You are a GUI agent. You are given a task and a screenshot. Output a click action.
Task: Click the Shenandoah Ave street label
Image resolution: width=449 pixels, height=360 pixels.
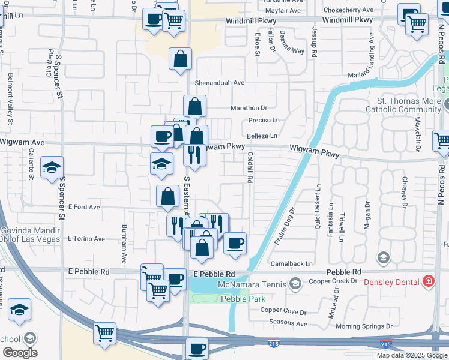tap(219, 83)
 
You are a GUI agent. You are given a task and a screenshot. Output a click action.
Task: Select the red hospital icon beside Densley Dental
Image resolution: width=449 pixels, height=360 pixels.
tap(429, 280)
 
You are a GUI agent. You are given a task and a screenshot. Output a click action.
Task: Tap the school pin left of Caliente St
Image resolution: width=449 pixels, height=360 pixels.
tap(52, 167)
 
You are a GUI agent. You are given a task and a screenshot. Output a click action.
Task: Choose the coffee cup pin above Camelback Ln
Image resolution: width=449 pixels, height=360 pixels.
tap(235, 243)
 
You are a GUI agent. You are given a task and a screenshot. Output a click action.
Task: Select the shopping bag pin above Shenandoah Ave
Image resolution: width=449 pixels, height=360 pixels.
tap(180, 59)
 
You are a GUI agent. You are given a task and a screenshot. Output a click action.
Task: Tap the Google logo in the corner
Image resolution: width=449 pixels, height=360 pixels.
tap(20, 353)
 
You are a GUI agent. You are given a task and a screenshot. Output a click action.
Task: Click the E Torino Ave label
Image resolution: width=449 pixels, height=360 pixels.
tap(86, 239)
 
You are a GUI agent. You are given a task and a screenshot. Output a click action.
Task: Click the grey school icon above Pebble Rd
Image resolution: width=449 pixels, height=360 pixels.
tap(383, 257)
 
